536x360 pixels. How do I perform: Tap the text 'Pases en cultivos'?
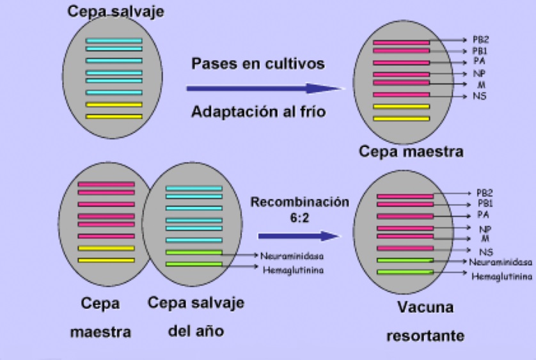click(x=258, y=64)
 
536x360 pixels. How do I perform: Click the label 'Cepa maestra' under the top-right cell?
click(x=411, y=152)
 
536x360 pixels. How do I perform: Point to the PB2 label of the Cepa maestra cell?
click(x=462, y=40)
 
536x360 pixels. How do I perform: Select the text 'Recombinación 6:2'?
click(x=300, y=208)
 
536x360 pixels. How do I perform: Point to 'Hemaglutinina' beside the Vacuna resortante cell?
click(x=502, y=277)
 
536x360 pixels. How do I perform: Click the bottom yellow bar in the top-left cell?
click(x=114, y=117)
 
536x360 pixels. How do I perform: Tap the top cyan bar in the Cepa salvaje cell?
click(x=114, y=40)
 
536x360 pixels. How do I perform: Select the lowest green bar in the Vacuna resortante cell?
click(x=405, y=272)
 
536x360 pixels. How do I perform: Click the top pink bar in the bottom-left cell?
click(x=106, y=184)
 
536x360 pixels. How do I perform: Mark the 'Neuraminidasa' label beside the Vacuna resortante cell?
click(x=501, y=262)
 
